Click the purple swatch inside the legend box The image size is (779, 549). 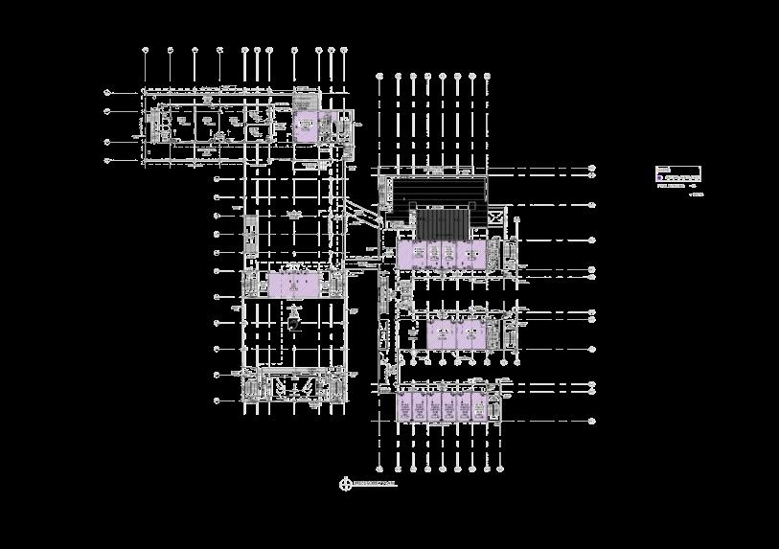pos(659,178)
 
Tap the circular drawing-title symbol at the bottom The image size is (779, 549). pos(346,484)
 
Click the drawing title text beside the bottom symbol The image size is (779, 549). pos(375,485)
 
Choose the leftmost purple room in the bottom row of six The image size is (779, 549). pos(405,407)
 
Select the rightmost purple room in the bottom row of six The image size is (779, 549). pos(479,407)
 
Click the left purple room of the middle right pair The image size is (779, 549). pos(441,333)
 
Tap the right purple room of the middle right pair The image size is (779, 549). pos(471,333)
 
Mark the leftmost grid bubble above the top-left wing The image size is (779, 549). pos(145,49)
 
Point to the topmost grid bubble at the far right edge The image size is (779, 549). pos(592,168)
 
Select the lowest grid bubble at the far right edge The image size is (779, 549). pos(592,421)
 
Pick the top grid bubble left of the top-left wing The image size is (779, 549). pos(107,92)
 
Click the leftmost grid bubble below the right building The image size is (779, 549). pos(379,469)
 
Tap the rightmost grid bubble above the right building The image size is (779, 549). pos(488,74)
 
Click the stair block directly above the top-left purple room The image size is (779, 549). pos(306,102)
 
